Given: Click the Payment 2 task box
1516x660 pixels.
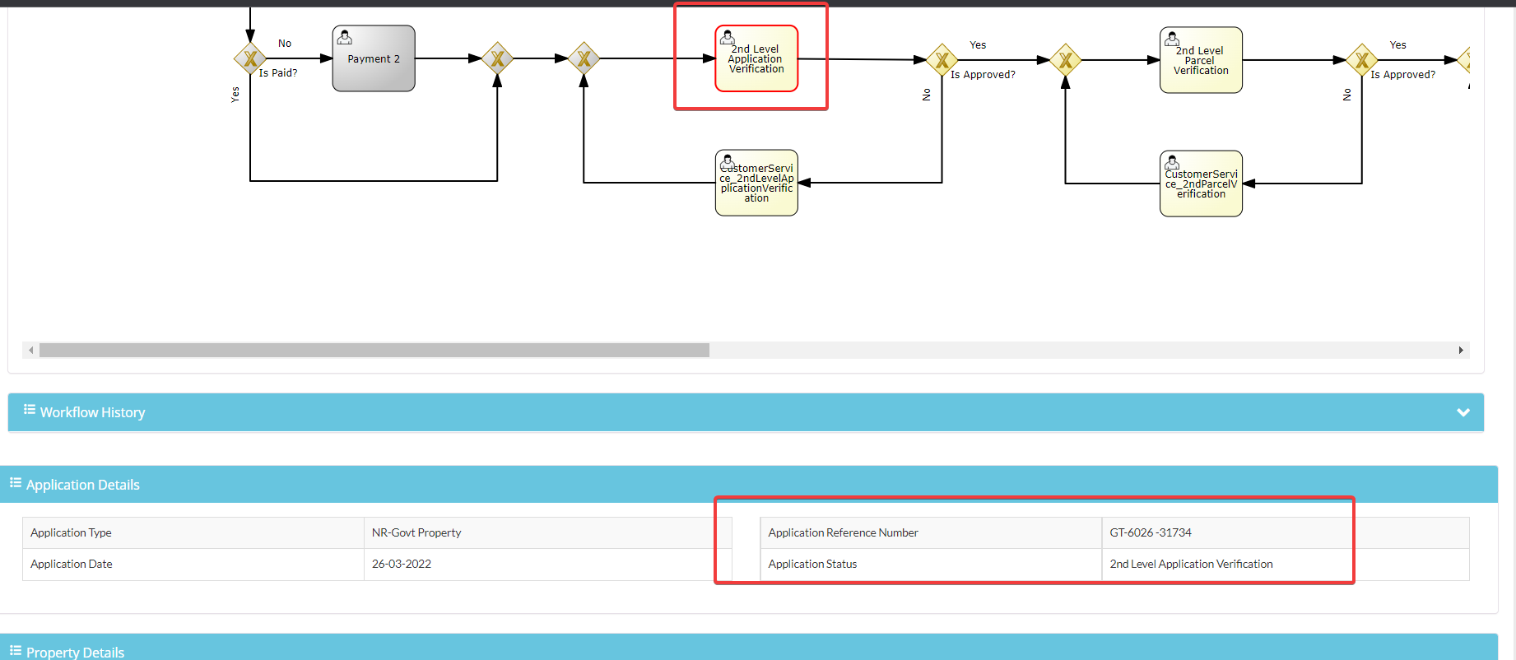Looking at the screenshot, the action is coord(374,58).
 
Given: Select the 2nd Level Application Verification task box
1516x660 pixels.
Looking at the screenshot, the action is coord(756,58).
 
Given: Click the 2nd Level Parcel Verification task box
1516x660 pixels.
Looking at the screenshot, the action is coord(1201,60).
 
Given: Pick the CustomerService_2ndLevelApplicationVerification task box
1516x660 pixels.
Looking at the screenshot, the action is coord(756,183).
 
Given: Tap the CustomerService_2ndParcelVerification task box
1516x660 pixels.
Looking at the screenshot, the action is coord(1201,184).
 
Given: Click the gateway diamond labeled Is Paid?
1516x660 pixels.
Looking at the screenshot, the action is coord(250,58).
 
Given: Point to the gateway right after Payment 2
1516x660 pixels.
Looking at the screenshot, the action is coord(497,58).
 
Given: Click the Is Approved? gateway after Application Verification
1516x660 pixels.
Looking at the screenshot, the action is coord(942,60).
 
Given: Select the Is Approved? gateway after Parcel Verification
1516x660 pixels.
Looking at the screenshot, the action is coord(1362,60).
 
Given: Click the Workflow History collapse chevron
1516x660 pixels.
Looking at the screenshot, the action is coord(1463,412).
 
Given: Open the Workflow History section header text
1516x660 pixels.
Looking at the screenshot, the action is coord(92,412).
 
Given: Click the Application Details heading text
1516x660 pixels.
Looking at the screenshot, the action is coord(83,485).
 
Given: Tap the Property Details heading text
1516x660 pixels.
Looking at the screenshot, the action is coord(75,653).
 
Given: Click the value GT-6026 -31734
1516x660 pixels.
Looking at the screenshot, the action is coord(1151,532).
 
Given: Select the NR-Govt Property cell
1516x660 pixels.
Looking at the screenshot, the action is coord(416,532).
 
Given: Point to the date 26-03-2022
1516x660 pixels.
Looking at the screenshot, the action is coord(402,564).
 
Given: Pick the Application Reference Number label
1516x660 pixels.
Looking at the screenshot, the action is coord(844,532).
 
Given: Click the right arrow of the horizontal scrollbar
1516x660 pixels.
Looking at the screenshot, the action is coord(1461,350).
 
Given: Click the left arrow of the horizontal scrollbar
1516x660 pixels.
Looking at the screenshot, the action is coord(31,350).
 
